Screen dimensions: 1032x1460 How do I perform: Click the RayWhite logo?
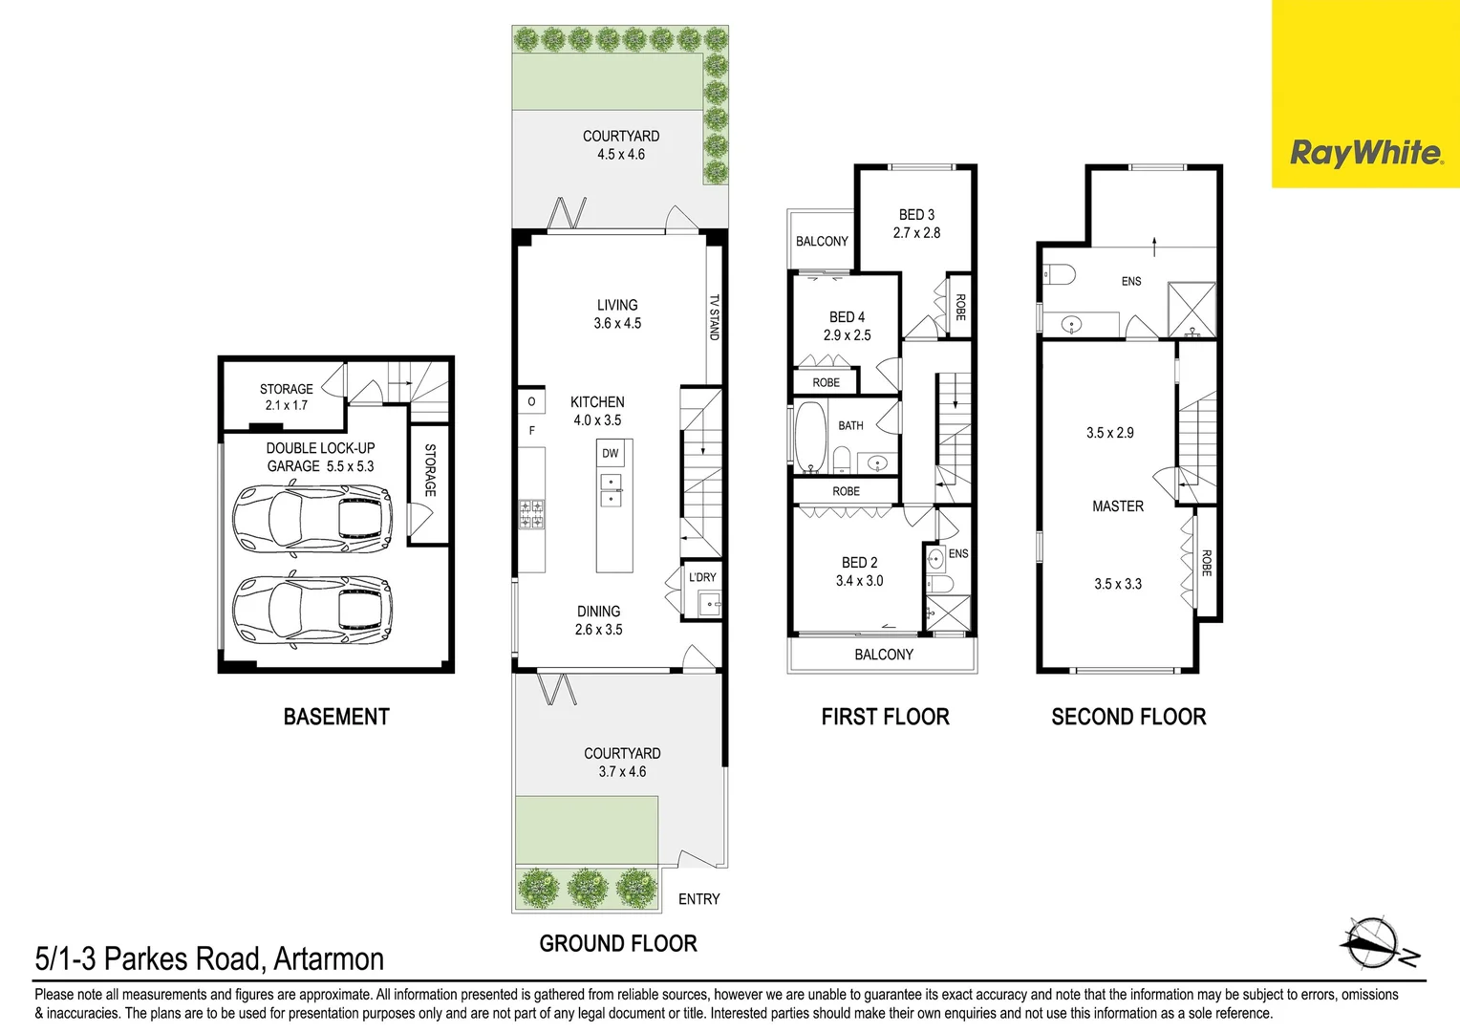[1365, 153]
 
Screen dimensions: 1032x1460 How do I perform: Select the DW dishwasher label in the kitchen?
[610, 453]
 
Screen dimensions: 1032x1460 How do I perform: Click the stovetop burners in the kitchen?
[531, 514]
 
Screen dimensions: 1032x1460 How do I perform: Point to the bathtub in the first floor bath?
[810, 438]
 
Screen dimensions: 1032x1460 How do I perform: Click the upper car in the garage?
[312, 518]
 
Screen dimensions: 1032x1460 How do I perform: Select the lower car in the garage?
[312, 610]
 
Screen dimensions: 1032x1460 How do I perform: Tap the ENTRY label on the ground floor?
[698, 899]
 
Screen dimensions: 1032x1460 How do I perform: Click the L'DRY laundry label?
[702, 577]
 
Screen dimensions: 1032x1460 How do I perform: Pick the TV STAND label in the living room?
[714, 317]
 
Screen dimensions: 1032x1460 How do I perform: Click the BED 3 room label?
[916, 215]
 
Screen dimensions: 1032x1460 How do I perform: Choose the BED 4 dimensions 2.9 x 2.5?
[847, 335]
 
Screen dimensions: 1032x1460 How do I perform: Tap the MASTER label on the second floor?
[1117, 506]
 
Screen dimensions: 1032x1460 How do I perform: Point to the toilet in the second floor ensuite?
[1059, 275]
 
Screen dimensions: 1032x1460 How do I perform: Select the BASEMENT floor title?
[336, 717]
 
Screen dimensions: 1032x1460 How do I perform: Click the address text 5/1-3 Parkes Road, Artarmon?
[209, 958]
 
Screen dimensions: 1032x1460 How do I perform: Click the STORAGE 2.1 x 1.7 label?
[286, 397]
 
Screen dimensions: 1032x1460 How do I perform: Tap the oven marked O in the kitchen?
[531, 401]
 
